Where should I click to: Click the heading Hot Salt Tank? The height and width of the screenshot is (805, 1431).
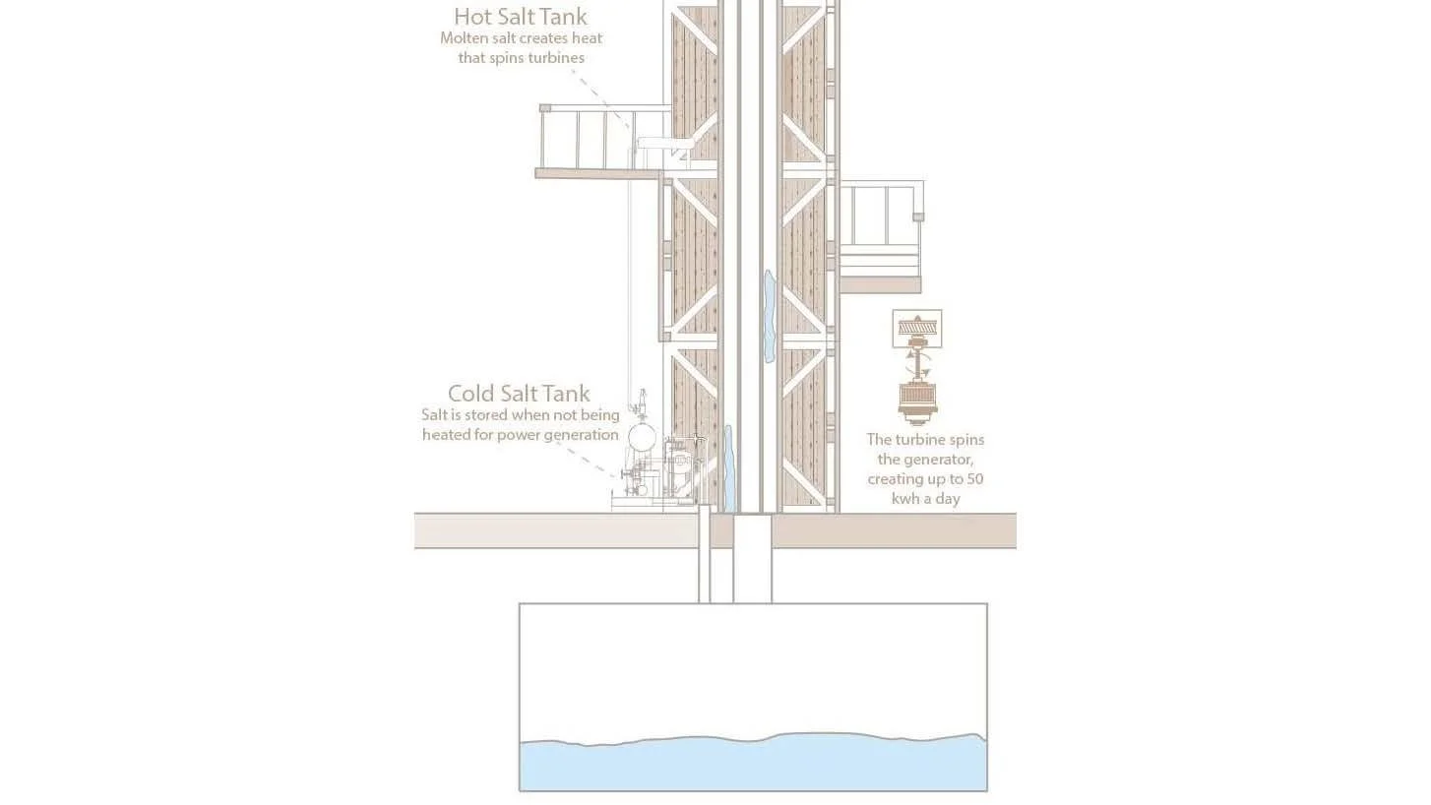click(x=521, y=16)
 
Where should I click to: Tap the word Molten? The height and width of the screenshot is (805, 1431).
click(x=464, y=38)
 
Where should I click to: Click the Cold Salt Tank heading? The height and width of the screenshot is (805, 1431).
click(x=519, y=393)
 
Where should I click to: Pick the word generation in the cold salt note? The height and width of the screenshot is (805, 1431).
click(x=584, y=435)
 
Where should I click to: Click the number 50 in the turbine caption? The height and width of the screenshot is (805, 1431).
click(x=974, y=479)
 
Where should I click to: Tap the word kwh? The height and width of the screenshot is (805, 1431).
click(x=905, y=499)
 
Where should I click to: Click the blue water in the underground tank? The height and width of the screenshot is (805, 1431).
click(x=753, y=764)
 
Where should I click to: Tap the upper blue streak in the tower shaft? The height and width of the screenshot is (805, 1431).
click(x=770, y=316)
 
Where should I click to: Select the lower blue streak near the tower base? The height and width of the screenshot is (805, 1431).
click(x=728, y=468)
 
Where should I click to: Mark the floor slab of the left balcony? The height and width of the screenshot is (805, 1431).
click(x=598, y=174)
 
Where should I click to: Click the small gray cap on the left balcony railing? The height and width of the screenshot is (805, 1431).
click(x=545, y=108)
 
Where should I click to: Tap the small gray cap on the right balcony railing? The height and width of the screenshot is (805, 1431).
click(x=918, y=217)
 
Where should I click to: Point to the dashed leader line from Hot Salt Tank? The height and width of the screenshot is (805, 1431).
click(x=601, y=98)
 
